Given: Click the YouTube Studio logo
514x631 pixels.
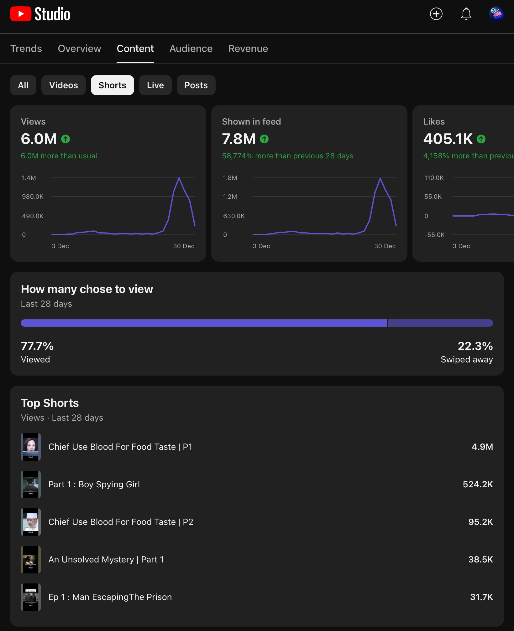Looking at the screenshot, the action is pyautogui.click(x=40, y=14).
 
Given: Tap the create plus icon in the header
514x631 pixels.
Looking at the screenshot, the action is pyautogui.click(x=436, y=14).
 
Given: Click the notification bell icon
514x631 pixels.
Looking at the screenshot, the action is pyautogui.click(x=466, y=14).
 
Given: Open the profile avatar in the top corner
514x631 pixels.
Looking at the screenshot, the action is pyautogui.click(x=496, y=14).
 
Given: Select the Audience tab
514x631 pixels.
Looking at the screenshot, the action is pyautogui.click(x=191, y=49).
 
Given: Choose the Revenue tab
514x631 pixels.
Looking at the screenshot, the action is pyautogui.click(x=248, y=49).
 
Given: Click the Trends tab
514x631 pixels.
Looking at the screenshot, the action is pyautogui.click(x=26, y=49).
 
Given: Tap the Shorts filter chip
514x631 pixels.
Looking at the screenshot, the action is pyautogui.click(x=113, y=85).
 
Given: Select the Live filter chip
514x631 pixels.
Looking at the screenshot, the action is pyautogui.click(x=155, y=85).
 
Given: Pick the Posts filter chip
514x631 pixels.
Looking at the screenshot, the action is pyautogui.click(x=196, y=85).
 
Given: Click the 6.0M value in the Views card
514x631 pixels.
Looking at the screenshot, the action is pyautogui.click(x=39, y=139).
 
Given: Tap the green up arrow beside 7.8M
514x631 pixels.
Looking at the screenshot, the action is pyautogui.click(x=264, y=139).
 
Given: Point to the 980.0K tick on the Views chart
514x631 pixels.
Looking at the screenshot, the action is pyautogui.click(x=33, y=197).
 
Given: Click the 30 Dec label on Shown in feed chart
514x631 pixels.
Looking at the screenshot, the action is pyautogui.click(x=385, y=246).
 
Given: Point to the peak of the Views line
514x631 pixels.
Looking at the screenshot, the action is pyautogui.click(x=179, y=178).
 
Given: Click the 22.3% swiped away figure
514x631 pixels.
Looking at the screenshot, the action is pyautogui.click(x=475, y=346).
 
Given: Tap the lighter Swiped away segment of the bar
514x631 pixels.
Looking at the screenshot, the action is pyautogui.click(x=440, y=323).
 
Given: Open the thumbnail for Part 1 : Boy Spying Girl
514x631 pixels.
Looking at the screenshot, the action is pyautogui.click(x=31, y=485).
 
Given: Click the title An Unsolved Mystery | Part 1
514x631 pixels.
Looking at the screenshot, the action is pyautogui.click(x=106, y=559).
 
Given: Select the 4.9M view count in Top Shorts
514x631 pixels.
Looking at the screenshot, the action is pyautogui.click(x=482, y=447).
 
